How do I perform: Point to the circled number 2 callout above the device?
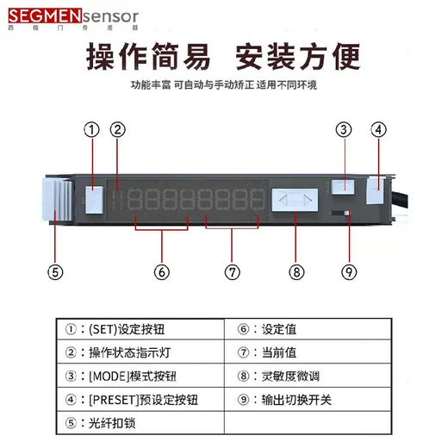coord(120,131)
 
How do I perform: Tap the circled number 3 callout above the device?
coord(344,131)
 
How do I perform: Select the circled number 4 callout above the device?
coord(378,131)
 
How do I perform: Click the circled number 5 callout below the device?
coord(54,271)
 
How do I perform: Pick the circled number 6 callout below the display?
coord(161,271)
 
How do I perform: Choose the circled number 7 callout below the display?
coord(232,271)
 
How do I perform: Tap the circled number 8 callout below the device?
coord(297,271)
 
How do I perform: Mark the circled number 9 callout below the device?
coord(348,271)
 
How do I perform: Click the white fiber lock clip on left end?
coord(52,196)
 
